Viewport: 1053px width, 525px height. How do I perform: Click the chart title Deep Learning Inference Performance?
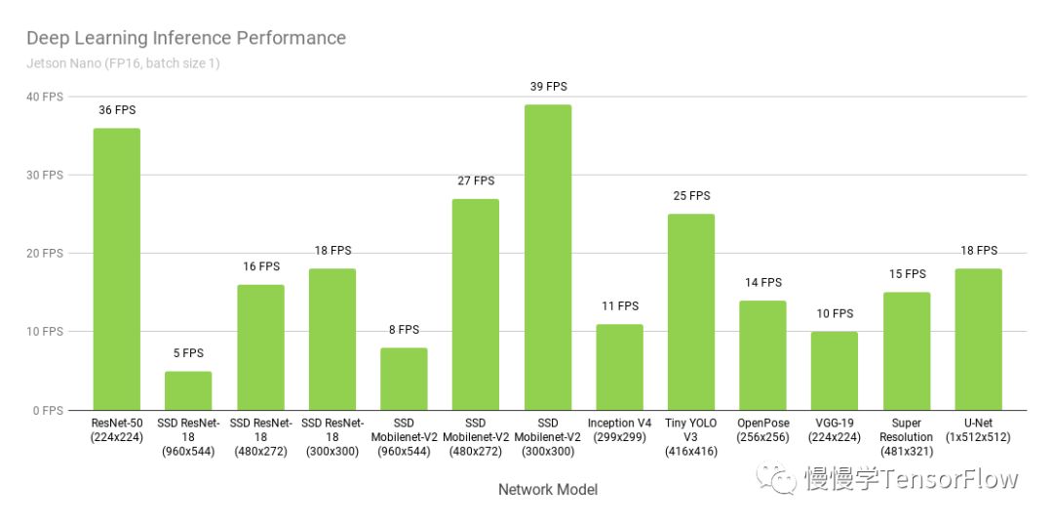point(185,39)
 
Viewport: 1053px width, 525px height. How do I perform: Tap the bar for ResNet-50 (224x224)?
point(116,268)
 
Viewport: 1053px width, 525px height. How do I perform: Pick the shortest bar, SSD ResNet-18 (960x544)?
point(188,390)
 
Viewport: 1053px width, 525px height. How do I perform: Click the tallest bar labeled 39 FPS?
point(548,257)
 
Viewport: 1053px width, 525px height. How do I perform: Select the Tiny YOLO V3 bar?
point(691,311)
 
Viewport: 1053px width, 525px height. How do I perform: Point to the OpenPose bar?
point(762,355)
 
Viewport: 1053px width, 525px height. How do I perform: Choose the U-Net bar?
point(978,339)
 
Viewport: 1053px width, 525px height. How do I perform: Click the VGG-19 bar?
point(835,371)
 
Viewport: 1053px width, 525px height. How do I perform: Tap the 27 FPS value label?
point(476,182)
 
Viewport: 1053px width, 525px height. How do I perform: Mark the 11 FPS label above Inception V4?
point(619,306)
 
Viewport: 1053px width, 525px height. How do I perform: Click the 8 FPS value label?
point(404,330)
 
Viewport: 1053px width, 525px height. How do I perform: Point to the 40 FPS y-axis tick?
point(45,97)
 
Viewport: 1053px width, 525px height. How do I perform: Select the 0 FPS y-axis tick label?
point(48,411)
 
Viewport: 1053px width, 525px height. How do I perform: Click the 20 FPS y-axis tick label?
point(45,254)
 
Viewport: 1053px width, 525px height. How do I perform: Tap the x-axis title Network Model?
point(548,490)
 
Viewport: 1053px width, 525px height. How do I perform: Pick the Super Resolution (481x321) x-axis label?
point(906,437)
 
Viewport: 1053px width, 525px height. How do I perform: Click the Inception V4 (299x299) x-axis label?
point(619,430)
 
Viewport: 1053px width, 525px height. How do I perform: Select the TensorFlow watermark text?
point(912,479)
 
